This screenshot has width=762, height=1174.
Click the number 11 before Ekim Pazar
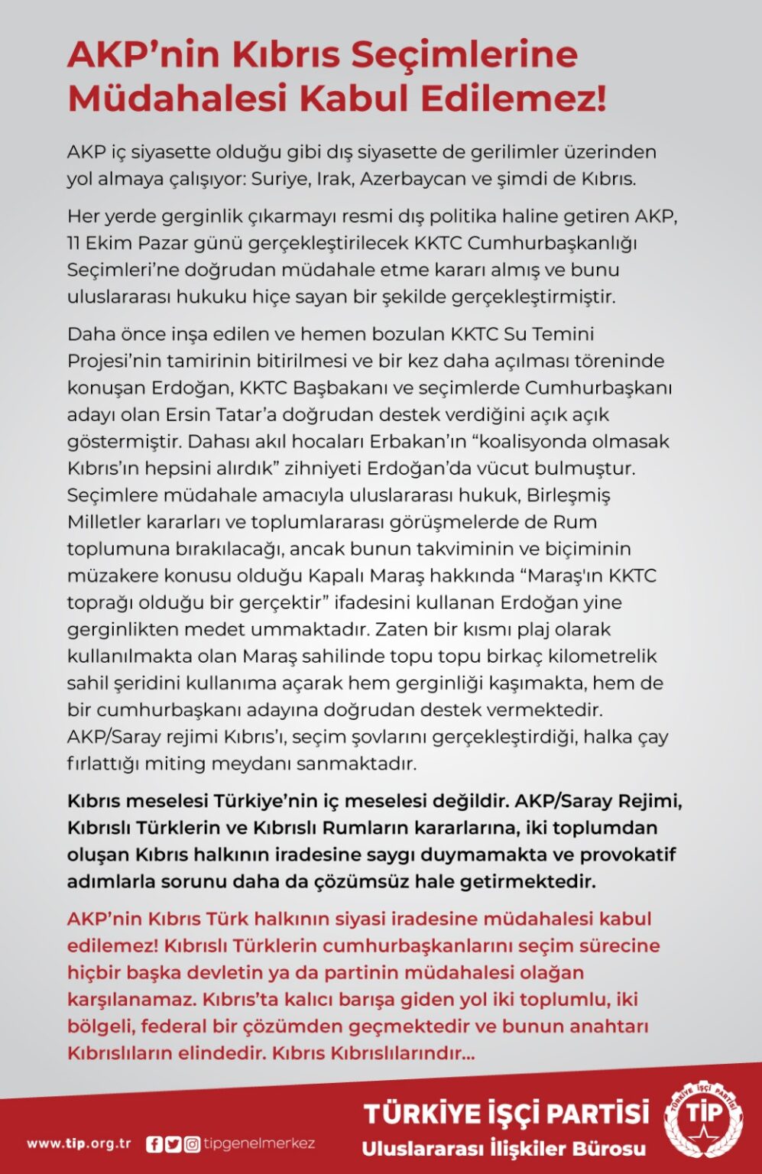[x=74, y=243]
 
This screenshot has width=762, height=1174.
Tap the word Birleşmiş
[x=567, y=495]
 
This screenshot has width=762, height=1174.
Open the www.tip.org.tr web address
[x=79, y=1144]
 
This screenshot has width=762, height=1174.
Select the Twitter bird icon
[x=173, y=1144]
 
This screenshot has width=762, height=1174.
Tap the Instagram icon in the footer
[x=193, y=1144]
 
